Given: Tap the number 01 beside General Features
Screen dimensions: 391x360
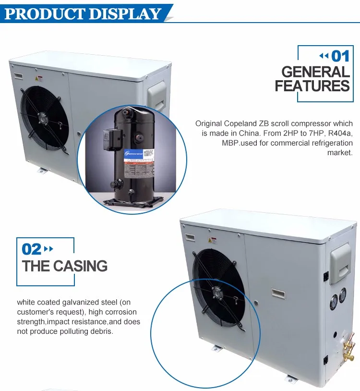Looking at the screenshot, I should coord(340,56).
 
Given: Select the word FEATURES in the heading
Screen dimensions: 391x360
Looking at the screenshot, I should coord(312,86).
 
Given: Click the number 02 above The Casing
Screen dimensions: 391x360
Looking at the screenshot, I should coord(32,249).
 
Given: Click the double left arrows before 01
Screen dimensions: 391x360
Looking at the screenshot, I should coord(324,56).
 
